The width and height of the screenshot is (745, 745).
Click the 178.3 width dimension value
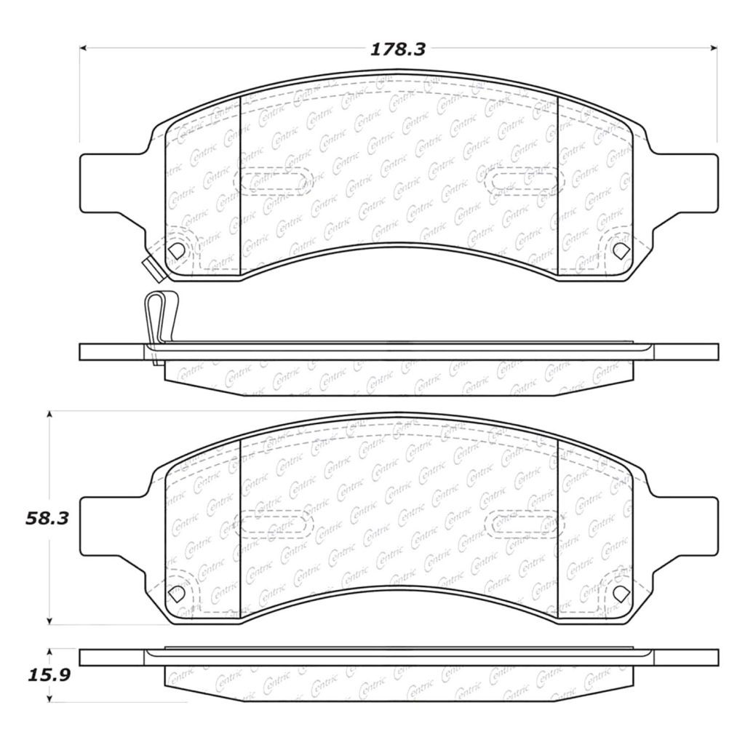coord(398,49)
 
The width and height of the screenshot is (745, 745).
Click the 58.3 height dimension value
coord(47,518)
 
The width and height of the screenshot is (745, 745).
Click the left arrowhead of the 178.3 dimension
coord(83,48)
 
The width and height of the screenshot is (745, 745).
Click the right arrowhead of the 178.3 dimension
coord(713,48)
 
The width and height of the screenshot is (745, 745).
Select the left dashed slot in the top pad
coord(274,181)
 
